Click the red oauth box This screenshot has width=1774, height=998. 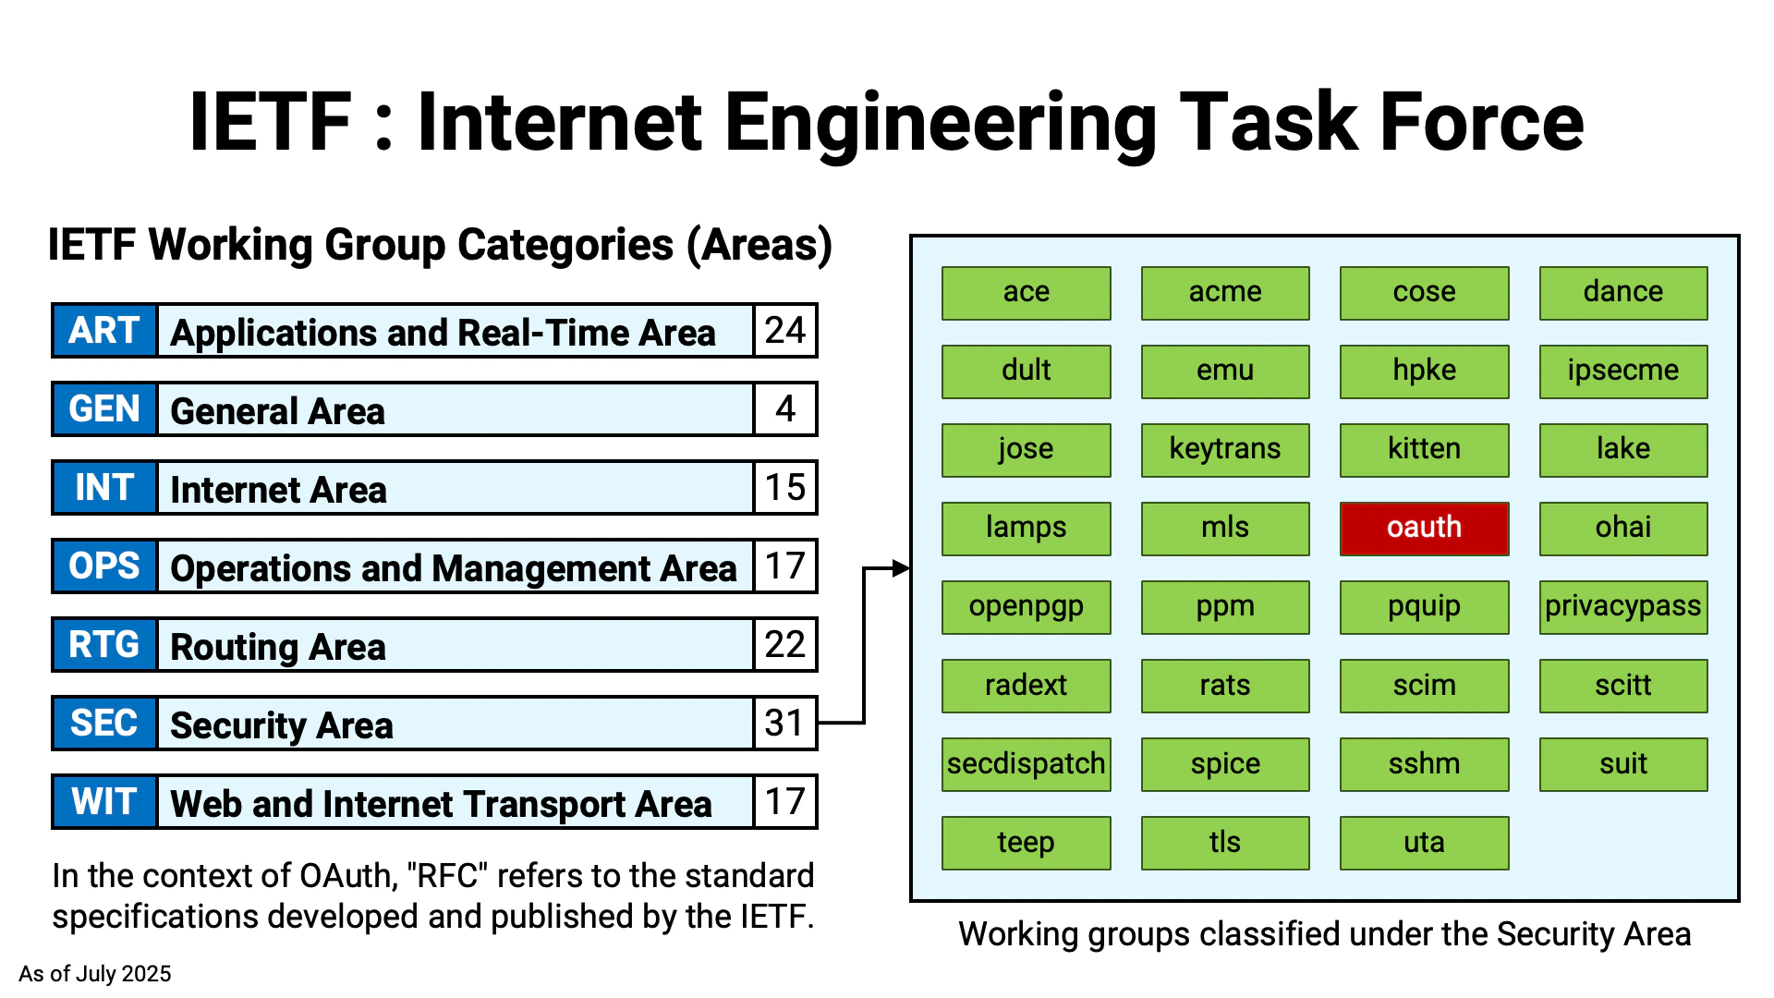pyautogui.click(x=1424, y=529)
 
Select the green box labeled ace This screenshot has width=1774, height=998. pyautogui.click(x=1026, y=293)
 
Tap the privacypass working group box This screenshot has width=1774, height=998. pyautogui.click(x=1622, y=607)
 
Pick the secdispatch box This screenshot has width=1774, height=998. pyautogui.click(x=1026, y=764)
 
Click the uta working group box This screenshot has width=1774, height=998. pyautogui.click(x=1424, y=843)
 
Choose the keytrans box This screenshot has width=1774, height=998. pyautogui.click(x=1224, y=450)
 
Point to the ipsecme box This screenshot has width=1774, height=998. pyautogui.click(x=1622, y=371)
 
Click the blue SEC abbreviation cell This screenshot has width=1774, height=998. pyautogui.click(x=104, y=724)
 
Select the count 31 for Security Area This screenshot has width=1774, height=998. pyautogui.click(x=784, y=724)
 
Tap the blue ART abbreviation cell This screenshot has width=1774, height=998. pyautogui.click(x=104, y=331)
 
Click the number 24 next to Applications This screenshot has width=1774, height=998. pyautogui.click(x=784, y=331)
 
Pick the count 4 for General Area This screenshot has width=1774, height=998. pyautogui.click(x=784, y=409)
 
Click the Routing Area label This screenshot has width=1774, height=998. pyautogui.click(x=278, y=647)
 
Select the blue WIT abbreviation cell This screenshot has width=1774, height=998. pyautogui.click(x=104, y=802)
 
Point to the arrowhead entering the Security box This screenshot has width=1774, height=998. pyautogui.click(x=901, y=569)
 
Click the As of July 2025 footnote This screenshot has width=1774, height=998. pyautogui.click(x=95, y=974)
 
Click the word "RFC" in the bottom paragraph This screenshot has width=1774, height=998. pyautogui.click(x=447, y=876)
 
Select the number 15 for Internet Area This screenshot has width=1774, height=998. pyautogui.click(x=784, y=488)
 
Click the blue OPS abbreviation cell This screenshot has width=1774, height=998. pyautogui.click(x=104, y=566)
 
